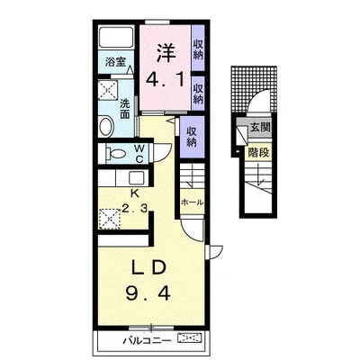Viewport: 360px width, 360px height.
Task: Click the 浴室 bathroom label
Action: [115, 62]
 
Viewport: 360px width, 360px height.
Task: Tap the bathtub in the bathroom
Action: [116, 37]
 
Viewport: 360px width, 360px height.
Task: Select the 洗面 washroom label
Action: [125, 109]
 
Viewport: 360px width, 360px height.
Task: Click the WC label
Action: [139, 153]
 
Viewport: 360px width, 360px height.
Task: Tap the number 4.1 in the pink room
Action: [165, 80]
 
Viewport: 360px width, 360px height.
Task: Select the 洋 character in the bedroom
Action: [166, 53]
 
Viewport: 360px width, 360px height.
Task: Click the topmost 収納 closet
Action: [198, 49]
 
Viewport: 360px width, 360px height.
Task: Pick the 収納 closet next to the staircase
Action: [192, 136]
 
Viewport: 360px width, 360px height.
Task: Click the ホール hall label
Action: [192, 202]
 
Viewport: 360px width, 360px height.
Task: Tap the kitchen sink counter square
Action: [137, 178]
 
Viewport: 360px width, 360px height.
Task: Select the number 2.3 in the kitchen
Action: [134, 208]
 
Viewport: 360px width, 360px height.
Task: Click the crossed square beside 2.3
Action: [109, 219]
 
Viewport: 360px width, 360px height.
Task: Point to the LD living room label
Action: [149, 268]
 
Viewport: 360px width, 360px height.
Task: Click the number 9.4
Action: [148, 292]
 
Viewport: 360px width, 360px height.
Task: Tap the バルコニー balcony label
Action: [148, 340]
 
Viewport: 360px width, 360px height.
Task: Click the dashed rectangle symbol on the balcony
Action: [191, 338]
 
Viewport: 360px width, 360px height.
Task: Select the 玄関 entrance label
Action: [260, 127]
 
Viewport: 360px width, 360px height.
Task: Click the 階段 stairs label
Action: [258, 153]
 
